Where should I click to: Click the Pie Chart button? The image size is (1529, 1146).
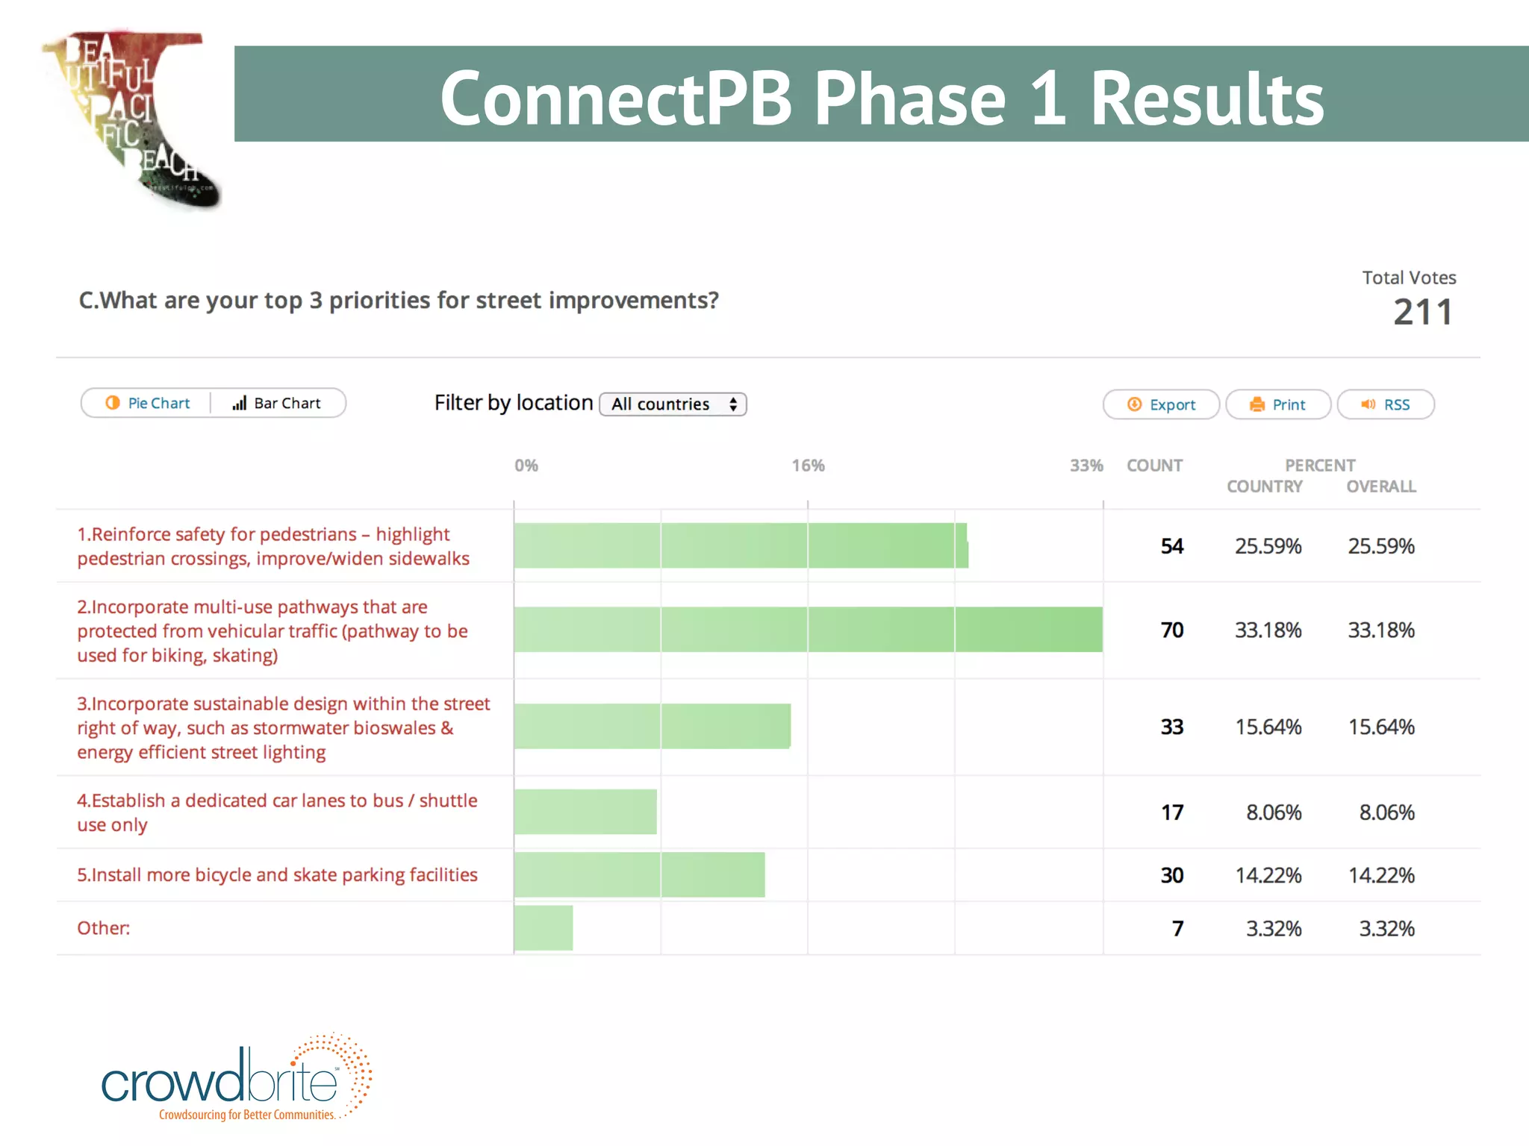tap(148, 404)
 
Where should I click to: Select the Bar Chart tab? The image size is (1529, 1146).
tap(277, 404)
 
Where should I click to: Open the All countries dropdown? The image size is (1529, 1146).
tap(673, 404)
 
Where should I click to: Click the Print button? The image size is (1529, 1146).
tap(1277, 405)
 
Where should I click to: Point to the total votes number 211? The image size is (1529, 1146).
tap(1423, 313)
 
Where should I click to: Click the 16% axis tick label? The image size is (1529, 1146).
tap(808, 466)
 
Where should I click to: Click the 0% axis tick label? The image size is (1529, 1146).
tap(526, 466)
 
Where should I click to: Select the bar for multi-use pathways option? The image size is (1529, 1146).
tap(808, 630)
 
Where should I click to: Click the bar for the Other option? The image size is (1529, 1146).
tap(543, 928)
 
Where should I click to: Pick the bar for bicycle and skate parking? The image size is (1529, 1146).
tap(639, 874)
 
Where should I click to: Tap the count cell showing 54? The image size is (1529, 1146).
tap(1171, 546)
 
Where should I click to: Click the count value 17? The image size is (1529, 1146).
tap(1171, 812)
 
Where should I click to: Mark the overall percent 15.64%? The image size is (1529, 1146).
tap(1380, 727)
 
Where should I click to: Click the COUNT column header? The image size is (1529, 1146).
tap(1154, 466)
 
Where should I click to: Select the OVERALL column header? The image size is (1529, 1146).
tap(1380, 486)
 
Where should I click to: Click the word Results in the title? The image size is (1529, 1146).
tap(1206, 98)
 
